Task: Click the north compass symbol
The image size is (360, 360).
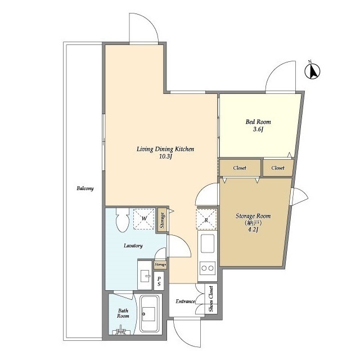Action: [312, 71]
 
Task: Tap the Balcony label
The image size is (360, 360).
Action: [85, 188]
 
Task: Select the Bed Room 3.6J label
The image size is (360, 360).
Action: [258, 125]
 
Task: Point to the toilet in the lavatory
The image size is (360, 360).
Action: [123, 220]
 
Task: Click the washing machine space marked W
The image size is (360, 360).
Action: [144, 219]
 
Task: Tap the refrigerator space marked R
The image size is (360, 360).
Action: [206, 219]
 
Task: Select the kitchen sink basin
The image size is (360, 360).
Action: [208, 243]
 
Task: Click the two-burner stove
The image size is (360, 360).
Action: [208, 268]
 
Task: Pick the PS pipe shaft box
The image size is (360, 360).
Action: [159, 281]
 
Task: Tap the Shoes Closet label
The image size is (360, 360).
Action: [211, 299]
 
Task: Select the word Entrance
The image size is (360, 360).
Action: [185, 301]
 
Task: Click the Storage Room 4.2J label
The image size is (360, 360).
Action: [253, 223]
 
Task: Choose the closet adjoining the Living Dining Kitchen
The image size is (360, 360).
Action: [240, 168]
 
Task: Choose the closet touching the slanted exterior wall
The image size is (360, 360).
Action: [278, 168]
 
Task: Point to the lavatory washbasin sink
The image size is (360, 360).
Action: [145, 275]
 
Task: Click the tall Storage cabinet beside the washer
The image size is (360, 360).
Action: [162, 220]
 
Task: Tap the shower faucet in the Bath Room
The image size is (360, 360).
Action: [121, 331]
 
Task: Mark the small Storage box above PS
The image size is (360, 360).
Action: [160, 265]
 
